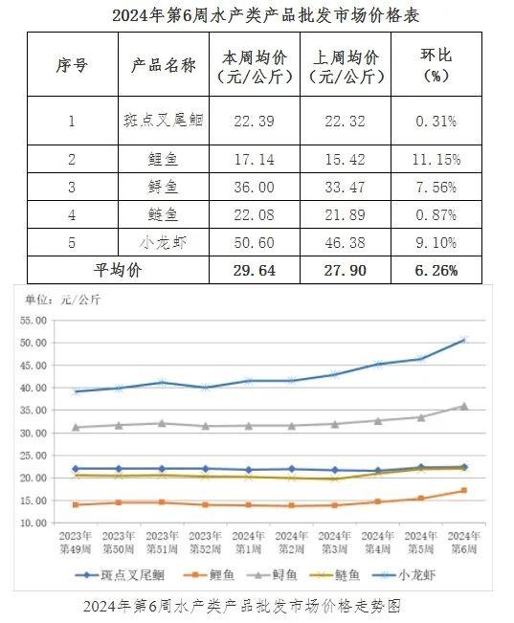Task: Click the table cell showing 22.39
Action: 254,121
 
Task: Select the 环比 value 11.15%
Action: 436,159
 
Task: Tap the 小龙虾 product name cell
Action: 163,242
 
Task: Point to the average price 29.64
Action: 254,270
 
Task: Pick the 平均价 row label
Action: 118,270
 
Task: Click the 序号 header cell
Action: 72,65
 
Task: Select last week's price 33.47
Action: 345,187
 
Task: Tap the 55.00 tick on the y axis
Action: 34,321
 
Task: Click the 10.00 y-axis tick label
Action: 34,523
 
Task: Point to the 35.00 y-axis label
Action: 34,410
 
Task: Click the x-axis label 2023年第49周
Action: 76,543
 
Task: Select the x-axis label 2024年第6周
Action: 464,543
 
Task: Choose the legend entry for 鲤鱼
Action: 209,575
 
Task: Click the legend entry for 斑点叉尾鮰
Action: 120,575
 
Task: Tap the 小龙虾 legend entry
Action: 403,575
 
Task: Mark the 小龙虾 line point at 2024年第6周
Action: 464,340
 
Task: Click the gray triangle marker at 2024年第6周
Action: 464,406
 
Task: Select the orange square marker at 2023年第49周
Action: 76,504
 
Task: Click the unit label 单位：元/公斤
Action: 63,300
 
